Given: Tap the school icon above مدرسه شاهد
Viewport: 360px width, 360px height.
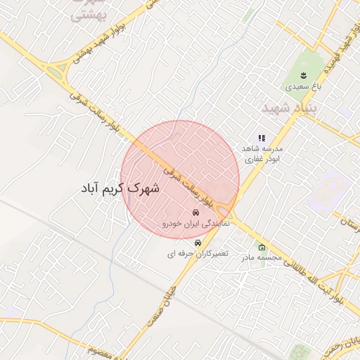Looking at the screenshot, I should click(x=262, y=139).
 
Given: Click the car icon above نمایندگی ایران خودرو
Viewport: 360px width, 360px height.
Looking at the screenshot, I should click(x=194, y=212).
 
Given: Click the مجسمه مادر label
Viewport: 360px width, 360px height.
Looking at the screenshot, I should click(x=262, y=258).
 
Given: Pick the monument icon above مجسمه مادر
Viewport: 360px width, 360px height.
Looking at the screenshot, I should click(x=262, y=247).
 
